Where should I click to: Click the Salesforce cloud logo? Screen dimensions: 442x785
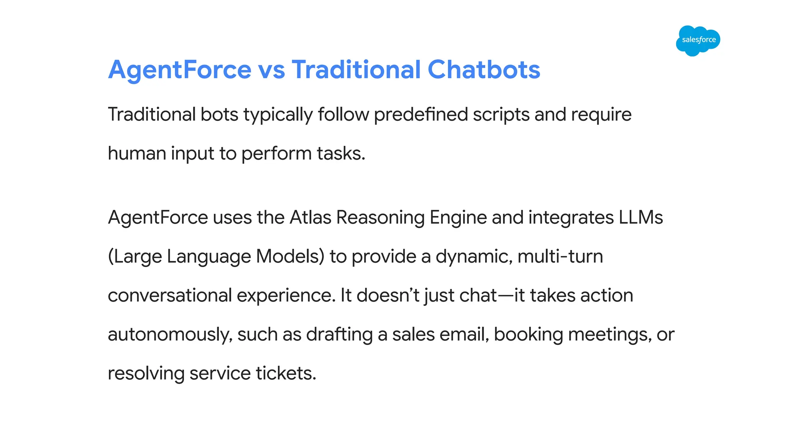point(698,40)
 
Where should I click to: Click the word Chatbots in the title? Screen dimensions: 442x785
point(484,70)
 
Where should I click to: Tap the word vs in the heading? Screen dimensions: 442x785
point(271,70)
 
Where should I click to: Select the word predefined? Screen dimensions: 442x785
point(421,115)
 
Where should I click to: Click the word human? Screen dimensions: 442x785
point(136,153)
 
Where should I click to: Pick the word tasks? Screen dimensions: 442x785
point(341,153)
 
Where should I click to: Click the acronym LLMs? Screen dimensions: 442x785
point(640,218)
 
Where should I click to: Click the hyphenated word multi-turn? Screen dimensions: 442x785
point(560,256)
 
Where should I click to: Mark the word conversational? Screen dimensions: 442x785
point(170,295)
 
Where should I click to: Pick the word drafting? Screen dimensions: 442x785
point(339,335)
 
